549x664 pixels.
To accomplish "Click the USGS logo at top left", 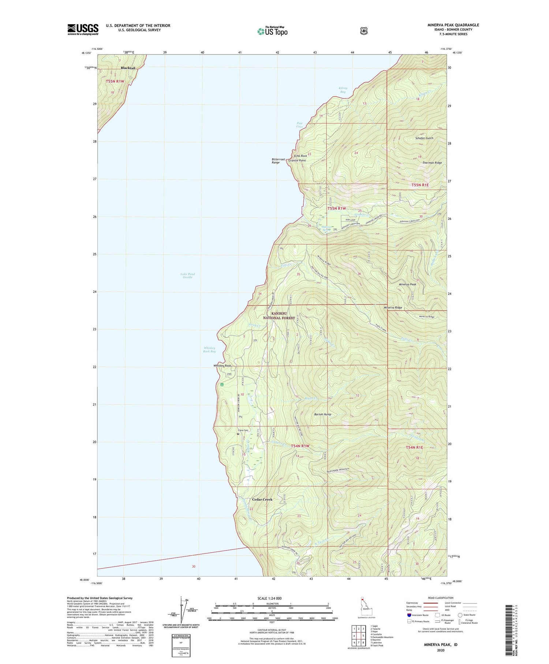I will [83, 29].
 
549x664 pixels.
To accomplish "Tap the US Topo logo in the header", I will [272, 31].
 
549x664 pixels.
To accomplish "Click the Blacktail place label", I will [128, 68].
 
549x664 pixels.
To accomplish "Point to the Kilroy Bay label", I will [342, 90].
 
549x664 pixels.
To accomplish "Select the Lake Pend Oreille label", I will [187, 275].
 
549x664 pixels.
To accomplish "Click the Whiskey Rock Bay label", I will [209, 349].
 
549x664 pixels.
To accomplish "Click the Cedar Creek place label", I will [262, 500].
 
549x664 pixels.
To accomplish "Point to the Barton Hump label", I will [323, 414].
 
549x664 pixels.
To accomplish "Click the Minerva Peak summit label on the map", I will [407, 284].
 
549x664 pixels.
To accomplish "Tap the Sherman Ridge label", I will [432, 163].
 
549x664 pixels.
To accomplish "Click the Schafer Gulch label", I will [424, 138].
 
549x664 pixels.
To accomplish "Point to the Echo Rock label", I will [300, 156].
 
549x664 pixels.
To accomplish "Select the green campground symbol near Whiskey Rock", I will [221, 385].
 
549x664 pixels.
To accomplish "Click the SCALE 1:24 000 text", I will [272, 598].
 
